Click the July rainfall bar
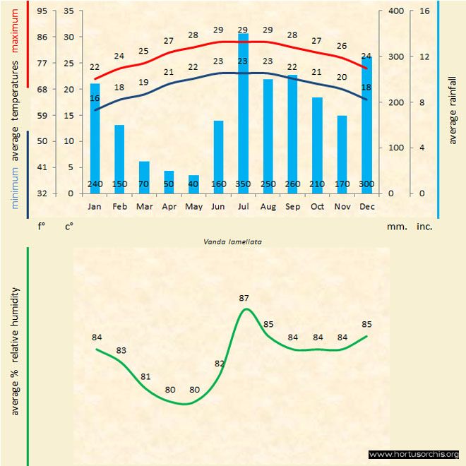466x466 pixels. [243, 113]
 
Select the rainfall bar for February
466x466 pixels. [119, 159]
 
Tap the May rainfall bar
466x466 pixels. [193, 184]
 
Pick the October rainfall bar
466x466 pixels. [317, 145]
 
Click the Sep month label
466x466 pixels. [292, 206]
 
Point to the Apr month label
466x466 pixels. [169, 206]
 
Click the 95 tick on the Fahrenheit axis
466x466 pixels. [42, 11]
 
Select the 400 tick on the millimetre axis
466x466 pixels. [395, 11]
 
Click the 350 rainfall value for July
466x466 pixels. [243, 185]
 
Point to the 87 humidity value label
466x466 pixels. [244, 298]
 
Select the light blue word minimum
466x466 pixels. [16, 187]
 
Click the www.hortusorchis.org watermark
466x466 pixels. [414, 454]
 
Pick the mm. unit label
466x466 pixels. [395, 227]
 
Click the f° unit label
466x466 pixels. [42, 227]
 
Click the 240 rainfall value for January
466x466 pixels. [95, 185]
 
